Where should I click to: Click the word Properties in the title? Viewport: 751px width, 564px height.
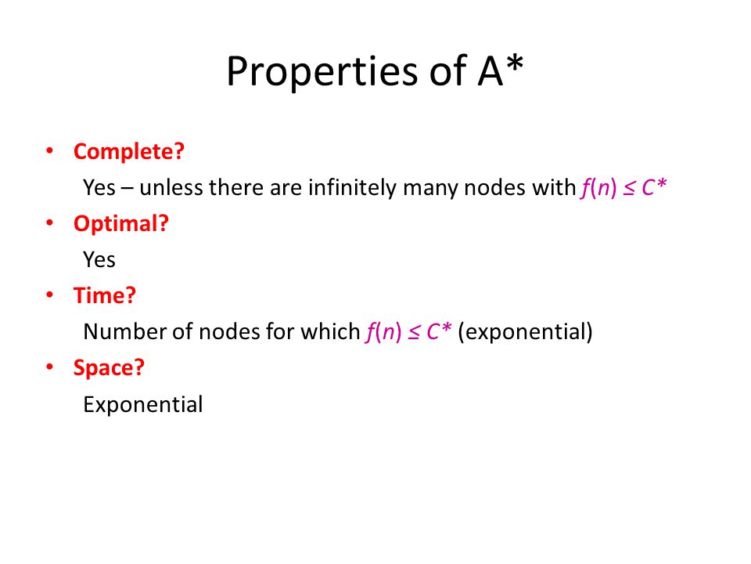pos(322,72)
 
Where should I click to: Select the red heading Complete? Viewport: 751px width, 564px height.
pos(129,151)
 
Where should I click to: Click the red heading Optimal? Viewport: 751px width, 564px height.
pos(121,223)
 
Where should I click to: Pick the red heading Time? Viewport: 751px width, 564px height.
pos(104,295)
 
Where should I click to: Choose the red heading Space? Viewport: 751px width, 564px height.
pos(109,368)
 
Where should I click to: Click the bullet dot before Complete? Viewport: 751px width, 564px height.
pos(50,151)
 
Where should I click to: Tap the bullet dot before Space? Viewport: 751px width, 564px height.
pos(50,367)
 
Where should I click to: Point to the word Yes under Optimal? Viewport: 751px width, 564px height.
pos(99,259)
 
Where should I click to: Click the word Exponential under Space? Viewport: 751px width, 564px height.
pos(142,404)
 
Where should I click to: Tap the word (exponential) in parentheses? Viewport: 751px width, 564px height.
pos(525,332)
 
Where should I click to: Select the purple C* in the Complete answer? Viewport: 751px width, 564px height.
pos(654,186)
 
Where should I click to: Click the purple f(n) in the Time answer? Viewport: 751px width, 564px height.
pos(383,332)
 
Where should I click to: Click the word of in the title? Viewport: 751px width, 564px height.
pos(447,71)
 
